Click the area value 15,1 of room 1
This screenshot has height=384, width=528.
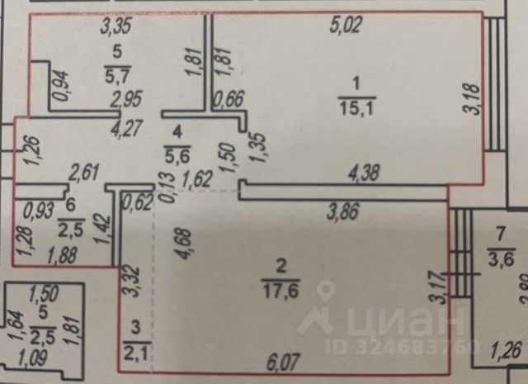tap(355, 108)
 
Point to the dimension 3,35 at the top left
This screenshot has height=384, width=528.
tap(117, 27)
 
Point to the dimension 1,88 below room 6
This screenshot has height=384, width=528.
tap(55, 255)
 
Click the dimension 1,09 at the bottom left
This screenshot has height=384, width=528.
tap(34, 359)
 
